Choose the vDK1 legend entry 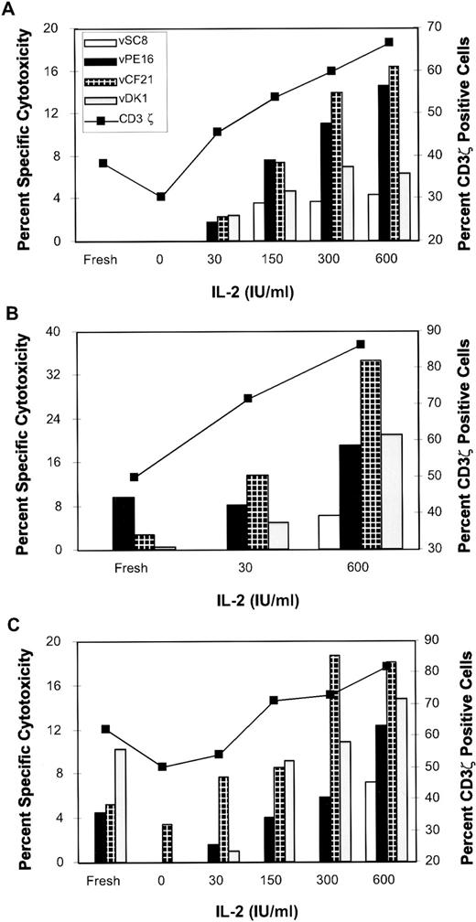click(120, 101)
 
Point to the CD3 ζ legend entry click(120, 120)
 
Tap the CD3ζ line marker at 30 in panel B click(248, 398)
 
